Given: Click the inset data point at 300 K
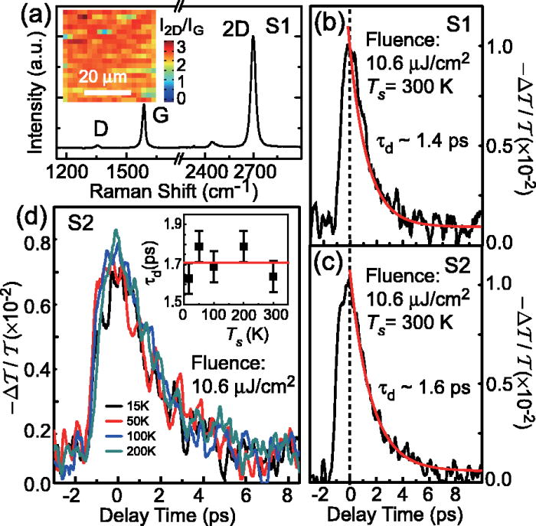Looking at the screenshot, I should coord(273,276).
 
